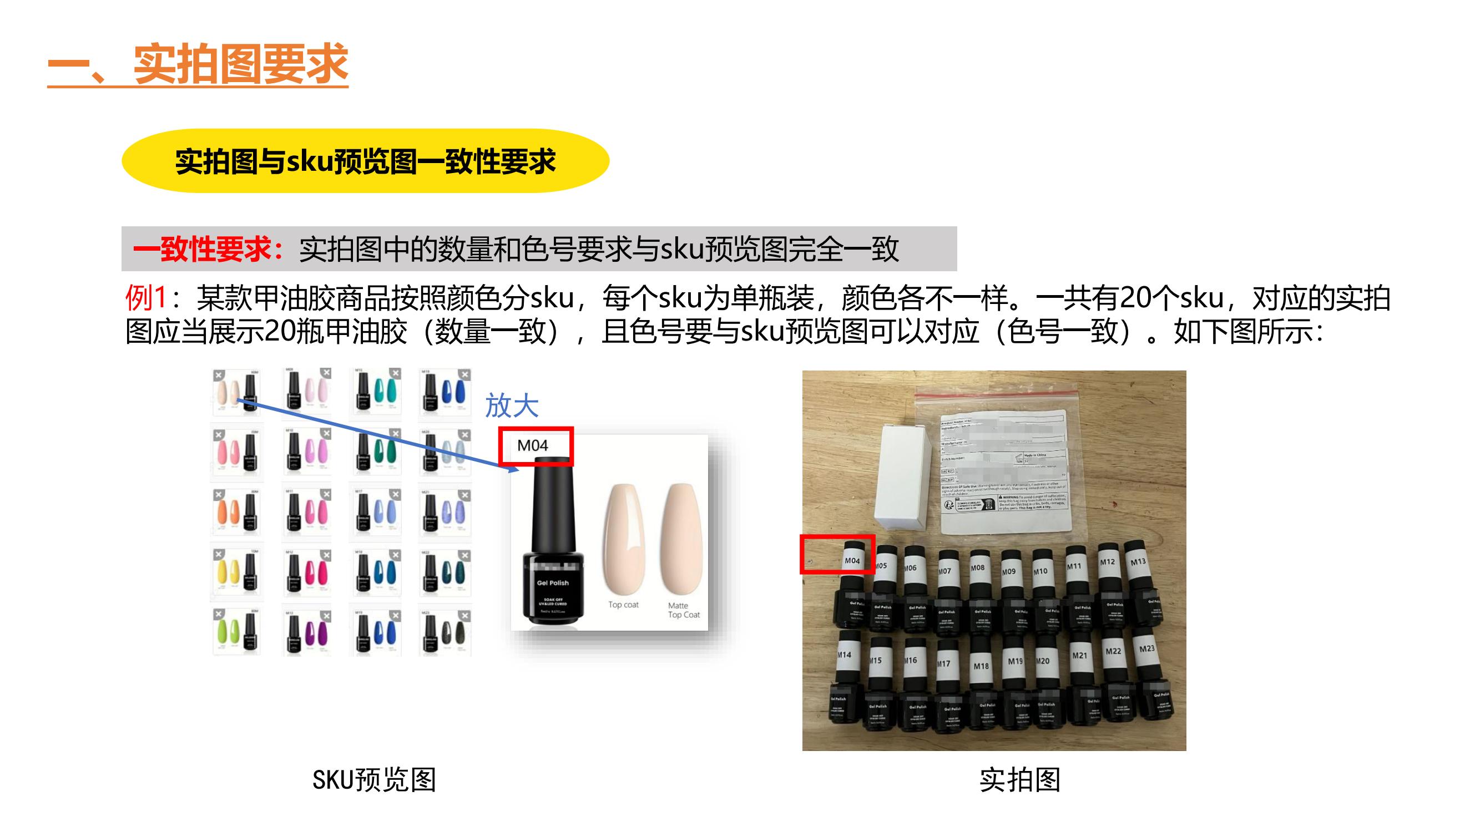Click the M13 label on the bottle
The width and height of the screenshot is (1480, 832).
click(x=1138, y=561)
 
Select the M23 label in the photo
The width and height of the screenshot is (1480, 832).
click(x=1147, y=648)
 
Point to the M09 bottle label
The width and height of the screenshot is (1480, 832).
click(x=1009, y=571)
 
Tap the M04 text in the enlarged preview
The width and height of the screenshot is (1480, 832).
click(x=533, y=445)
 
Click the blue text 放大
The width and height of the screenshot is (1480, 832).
click(x=511, y=405)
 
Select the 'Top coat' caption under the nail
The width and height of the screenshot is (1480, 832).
click(x=623, y=605)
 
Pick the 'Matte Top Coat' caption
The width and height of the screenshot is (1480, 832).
click(x=684, y=610)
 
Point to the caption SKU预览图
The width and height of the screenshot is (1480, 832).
click(x=374, y=780)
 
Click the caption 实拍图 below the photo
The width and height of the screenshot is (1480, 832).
click(x=1020, y=780)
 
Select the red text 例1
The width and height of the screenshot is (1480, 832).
click(x=146, y=297)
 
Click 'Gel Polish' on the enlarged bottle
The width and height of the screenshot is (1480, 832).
click(x=553, y=583)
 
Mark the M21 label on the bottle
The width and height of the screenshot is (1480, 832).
click(x=1079, y=655)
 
